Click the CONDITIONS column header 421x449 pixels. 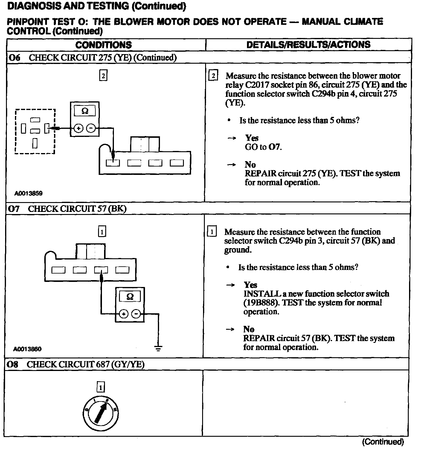coord(103,45)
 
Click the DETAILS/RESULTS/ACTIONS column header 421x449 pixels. coord(308,45)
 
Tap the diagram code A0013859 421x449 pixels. coord(28,193)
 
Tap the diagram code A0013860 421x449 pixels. coord(27,349)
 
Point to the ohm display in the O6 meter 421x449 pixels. coord(85,111)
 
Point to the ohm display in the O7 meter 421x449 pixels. coord(130,297)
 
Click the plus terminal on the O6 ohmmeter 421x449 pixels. coord(78,129)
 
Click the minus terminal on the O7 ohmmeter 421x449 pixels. coord(136,314)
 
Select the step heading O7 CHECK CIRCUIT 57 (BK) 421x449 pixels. coord(67,208)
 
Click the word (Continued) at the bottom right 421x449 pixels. coord(383,441)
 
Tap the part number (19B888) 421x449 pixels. coord(261,303)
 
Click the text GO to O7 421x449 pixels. coord(263,147)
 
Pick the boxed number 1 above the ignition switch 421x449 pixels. coord(101,388)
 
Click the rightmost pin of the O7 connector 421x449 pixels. coord(122,270)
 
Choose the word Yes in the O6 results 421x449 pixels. coord(252,138)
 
